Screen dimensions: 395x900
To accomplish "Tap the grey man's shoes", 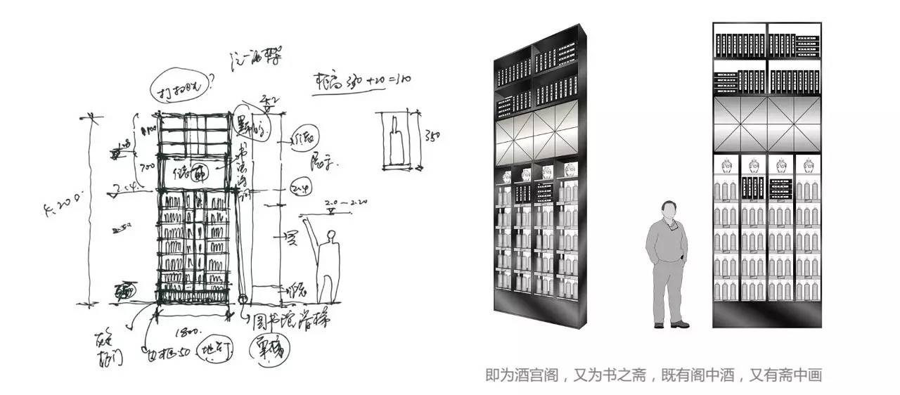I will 670,324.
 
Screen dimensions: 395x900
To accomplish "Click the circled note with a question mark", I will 179,86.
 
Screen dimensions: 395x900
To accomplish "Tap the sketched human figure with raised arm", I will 326,260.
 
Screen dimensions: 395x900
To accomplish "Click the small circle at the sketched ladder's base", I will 243,300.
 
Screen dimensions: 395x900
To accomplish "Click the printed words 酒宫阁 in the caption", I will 536,375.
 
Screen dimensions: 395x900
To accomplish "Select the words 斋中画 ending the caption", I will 801,375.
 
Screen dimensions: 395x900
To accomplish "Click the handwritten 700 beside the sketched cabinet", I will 148,167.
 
